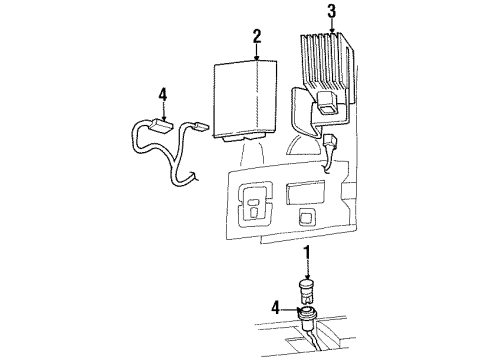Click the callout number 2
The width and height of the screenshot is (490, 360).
click(x=257, y=38)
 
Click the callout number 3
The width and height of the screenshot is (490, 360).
click(x=331, y=13)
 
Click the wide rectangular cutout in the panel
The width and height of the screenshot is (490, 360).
click(x=306, y=190)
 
